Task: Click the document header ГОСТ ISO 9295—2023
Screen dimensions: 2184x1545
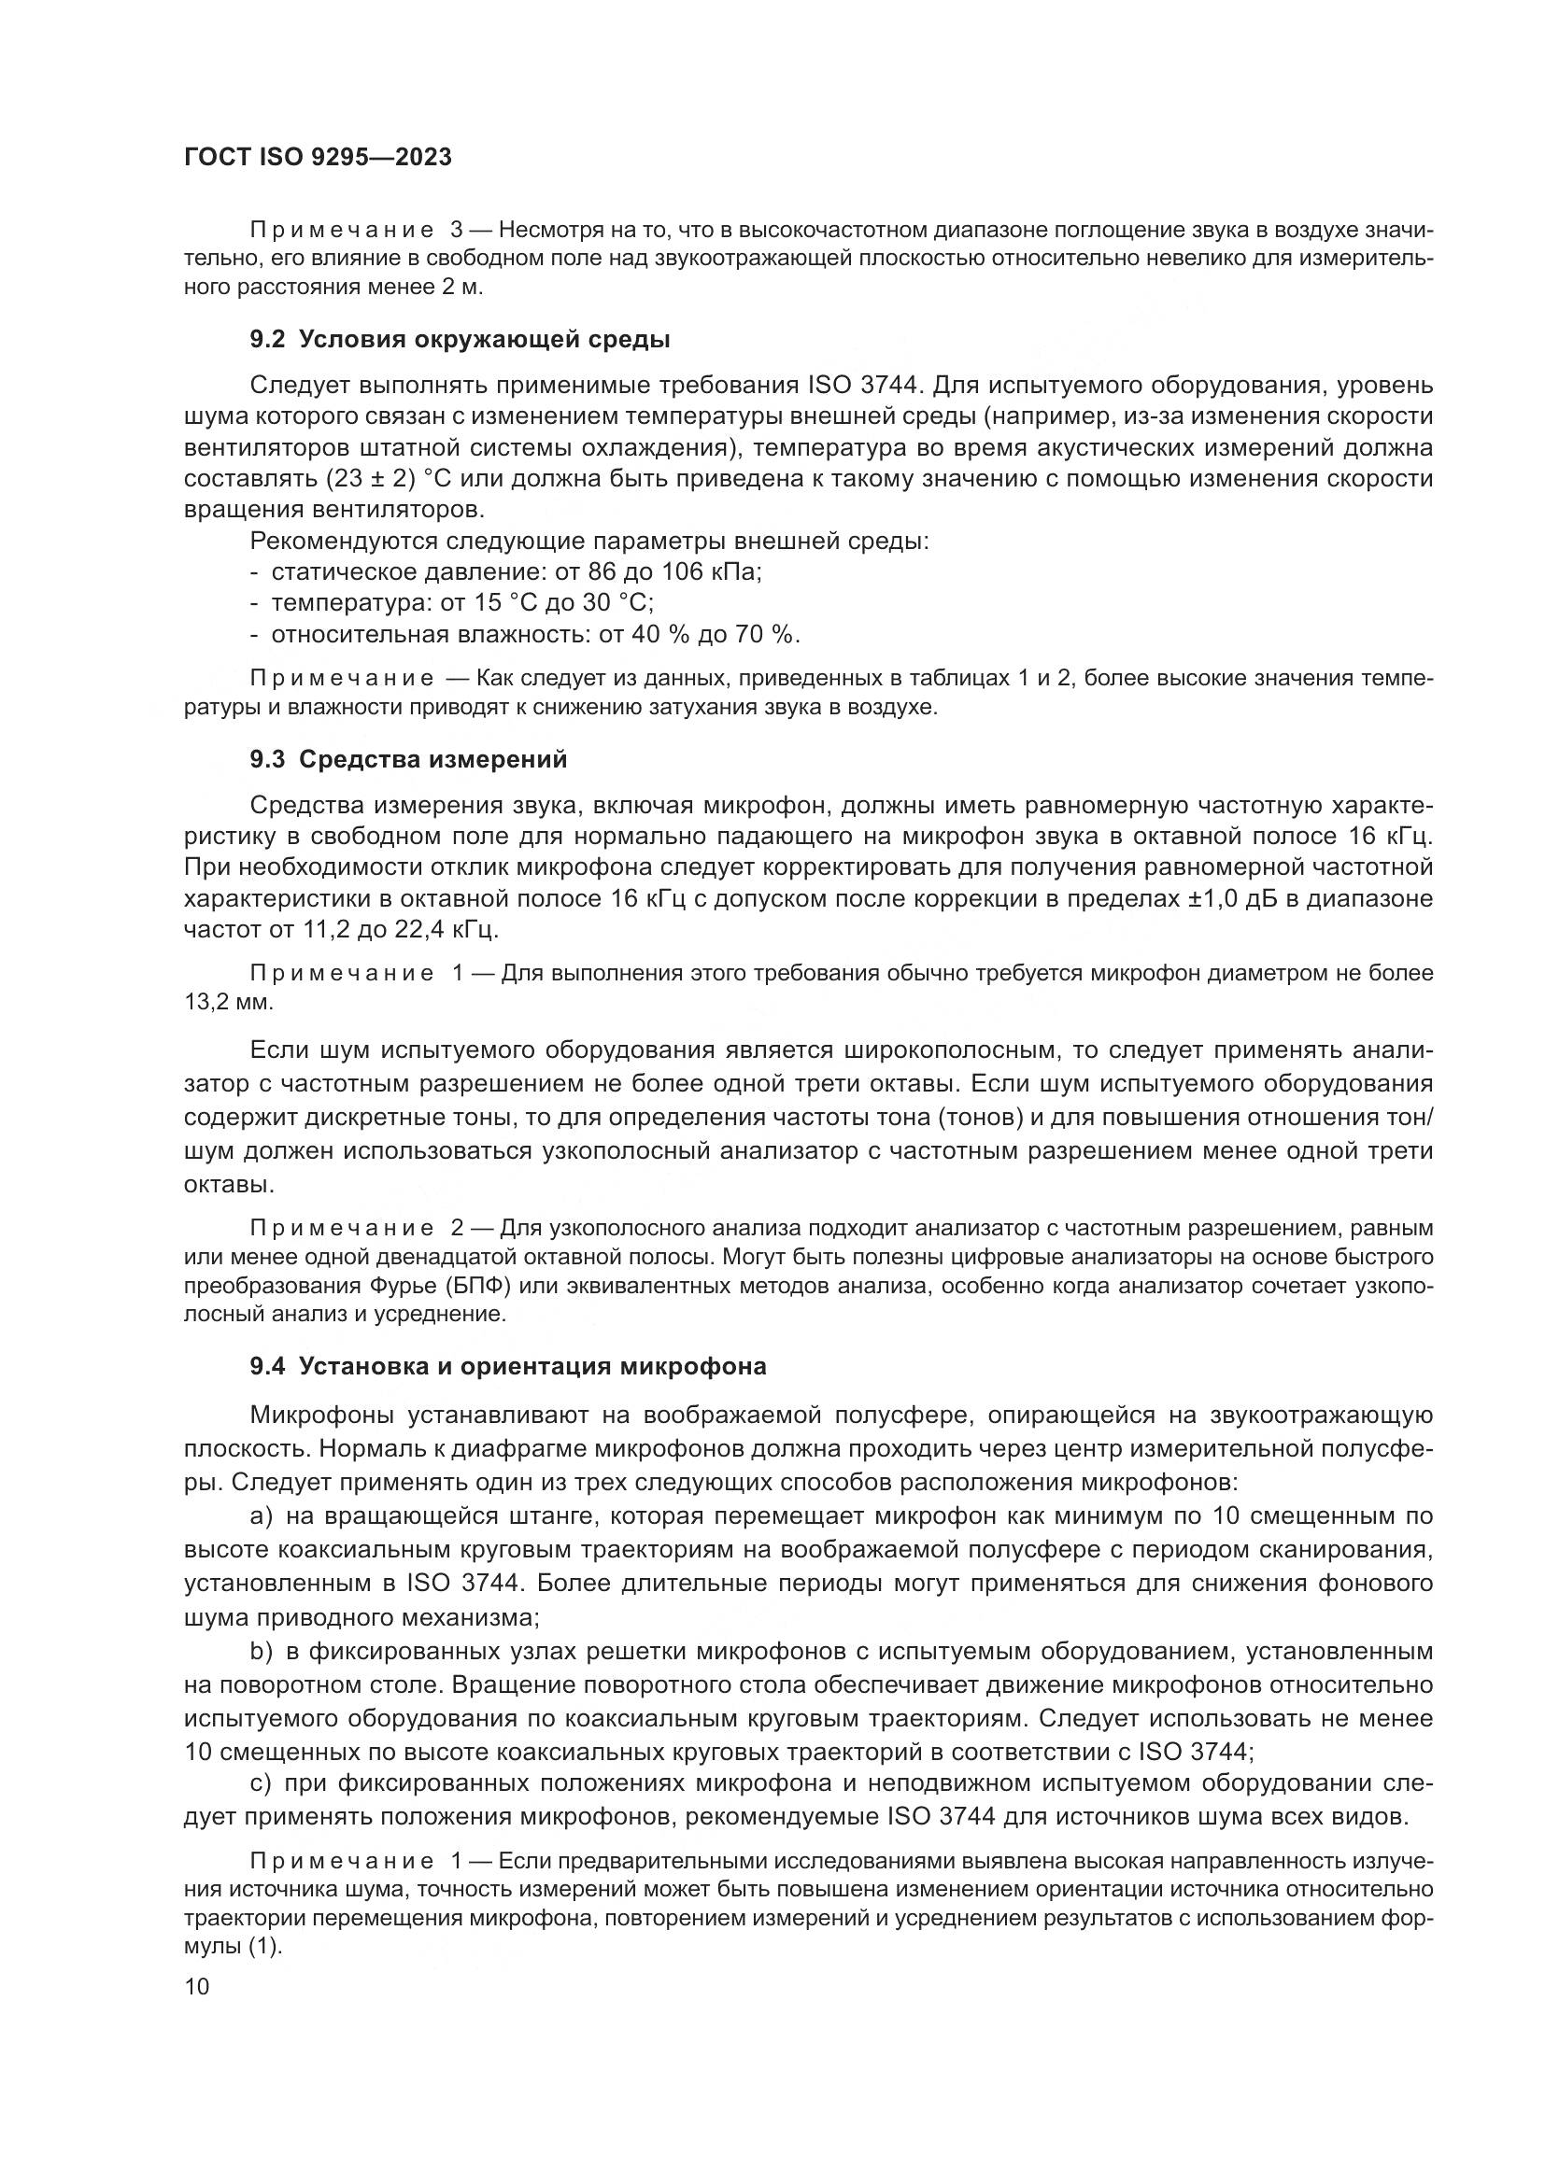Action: click(318, 158)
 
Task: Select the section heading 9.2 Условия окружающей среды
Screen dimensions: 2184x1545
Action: click(460, 340)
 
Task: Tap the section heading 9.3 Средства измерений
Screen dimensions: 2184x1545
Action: click(408, 759)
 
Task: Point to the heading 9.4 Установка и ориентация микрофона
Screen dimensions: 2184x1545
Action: click(508, 1367)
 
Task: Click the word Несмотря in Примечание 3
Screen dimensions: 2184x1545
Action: click(546, 231)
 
